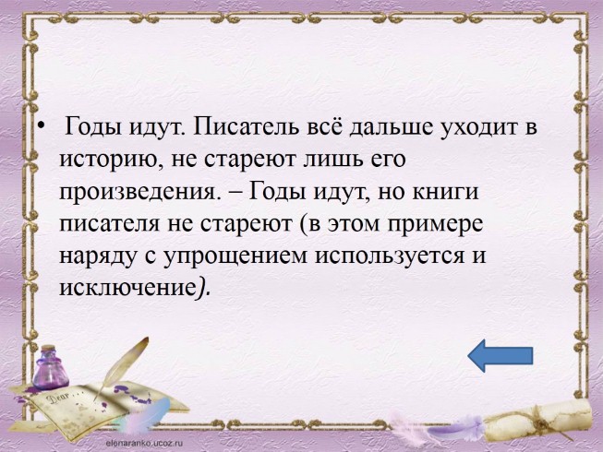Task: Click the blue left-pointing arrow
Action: pos(500,355)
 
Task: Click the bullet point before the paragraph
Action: pos(38,128)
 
